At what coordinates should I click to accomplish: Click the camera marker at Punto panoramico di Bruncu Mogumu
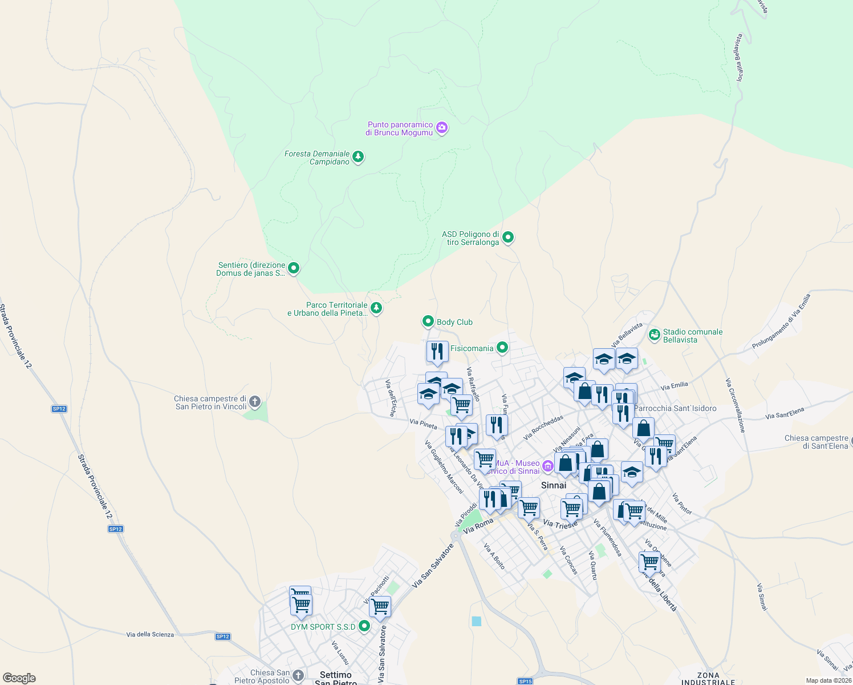tap(442, 128)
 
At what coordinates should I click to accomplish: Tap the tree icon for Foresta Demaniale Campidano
tap(358, 156)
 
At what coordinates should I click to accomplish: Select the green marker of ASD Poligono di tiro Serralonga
tap(509, 237)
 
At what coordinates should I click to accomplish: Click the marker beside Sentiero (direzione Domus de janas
tap(294, 268)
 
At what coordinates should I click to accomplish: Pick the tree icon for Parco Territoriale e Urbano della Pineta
tap(376, 308)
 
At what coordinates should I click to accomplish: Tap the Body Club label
tap(454, 322)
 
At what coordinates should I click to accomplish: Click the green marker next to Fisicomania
tap(502, 347)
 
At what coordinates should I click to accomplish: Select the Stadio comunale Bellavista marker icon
tap(655, 335)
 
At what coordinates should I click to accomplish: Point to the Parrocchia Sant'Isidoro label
tap(675, 408)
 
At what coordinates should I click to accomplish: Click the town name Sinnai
tap(554, 485)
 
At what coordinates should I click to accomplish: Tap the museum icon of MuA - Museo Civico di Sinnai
tap(548, 466)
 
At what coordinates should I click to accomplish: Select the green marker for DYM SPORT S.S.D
tap(364, 626)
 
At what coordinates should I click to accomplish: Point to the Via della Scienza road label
tap(150, 634)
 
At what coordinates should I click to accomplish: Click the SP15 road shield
tap(525, 681)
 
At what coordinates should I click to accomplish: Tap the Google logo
tap(19, 678)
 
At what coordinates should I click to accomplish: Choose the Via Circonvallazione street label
tap(735, 405)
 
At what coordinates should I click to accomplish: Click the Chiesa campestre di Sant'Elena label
tap(817, 442)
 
